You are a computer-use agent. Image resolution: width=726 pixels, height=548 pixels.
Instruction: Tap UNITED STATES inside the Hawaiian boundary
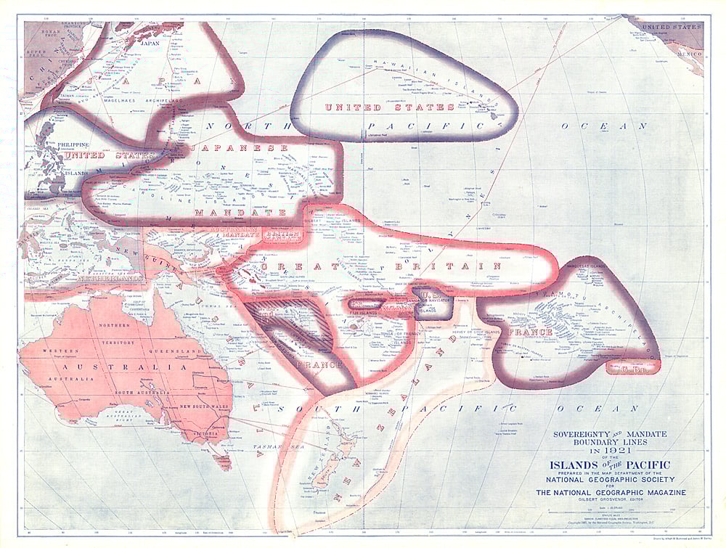point(389,107)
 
